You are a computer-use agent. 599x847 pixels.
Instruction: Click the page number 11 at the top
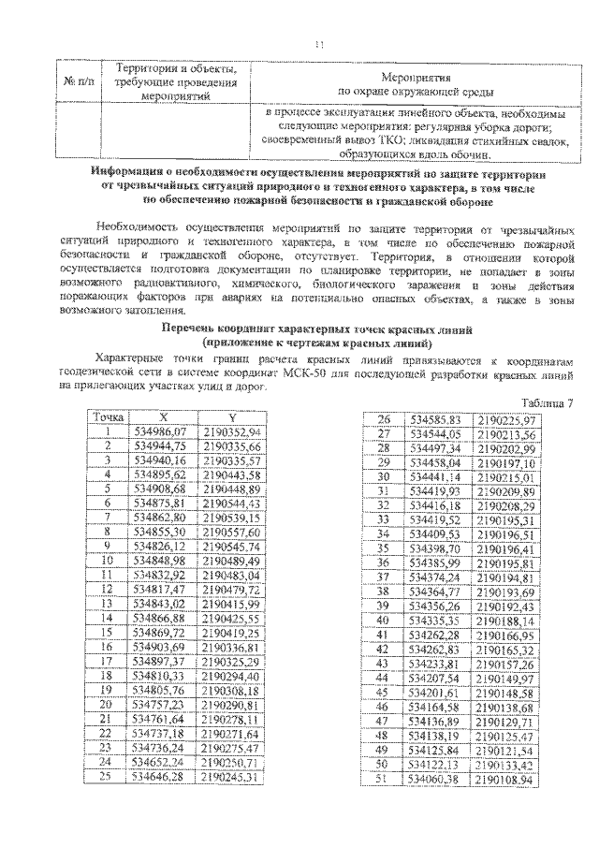(318, 43)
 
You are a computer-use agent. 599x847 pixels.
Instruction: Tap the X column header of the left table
(164, 416)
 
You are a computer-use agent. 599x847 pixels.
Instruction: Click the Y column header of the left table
(229, 416)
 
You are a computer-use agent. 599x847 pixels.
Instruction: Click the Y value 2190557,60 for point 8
(230, 532)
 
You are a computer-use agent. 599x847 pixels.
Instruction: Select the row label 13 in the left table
(108, 604)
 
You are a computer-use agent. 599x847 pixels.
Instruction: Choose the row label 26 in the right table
(383, 419)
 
